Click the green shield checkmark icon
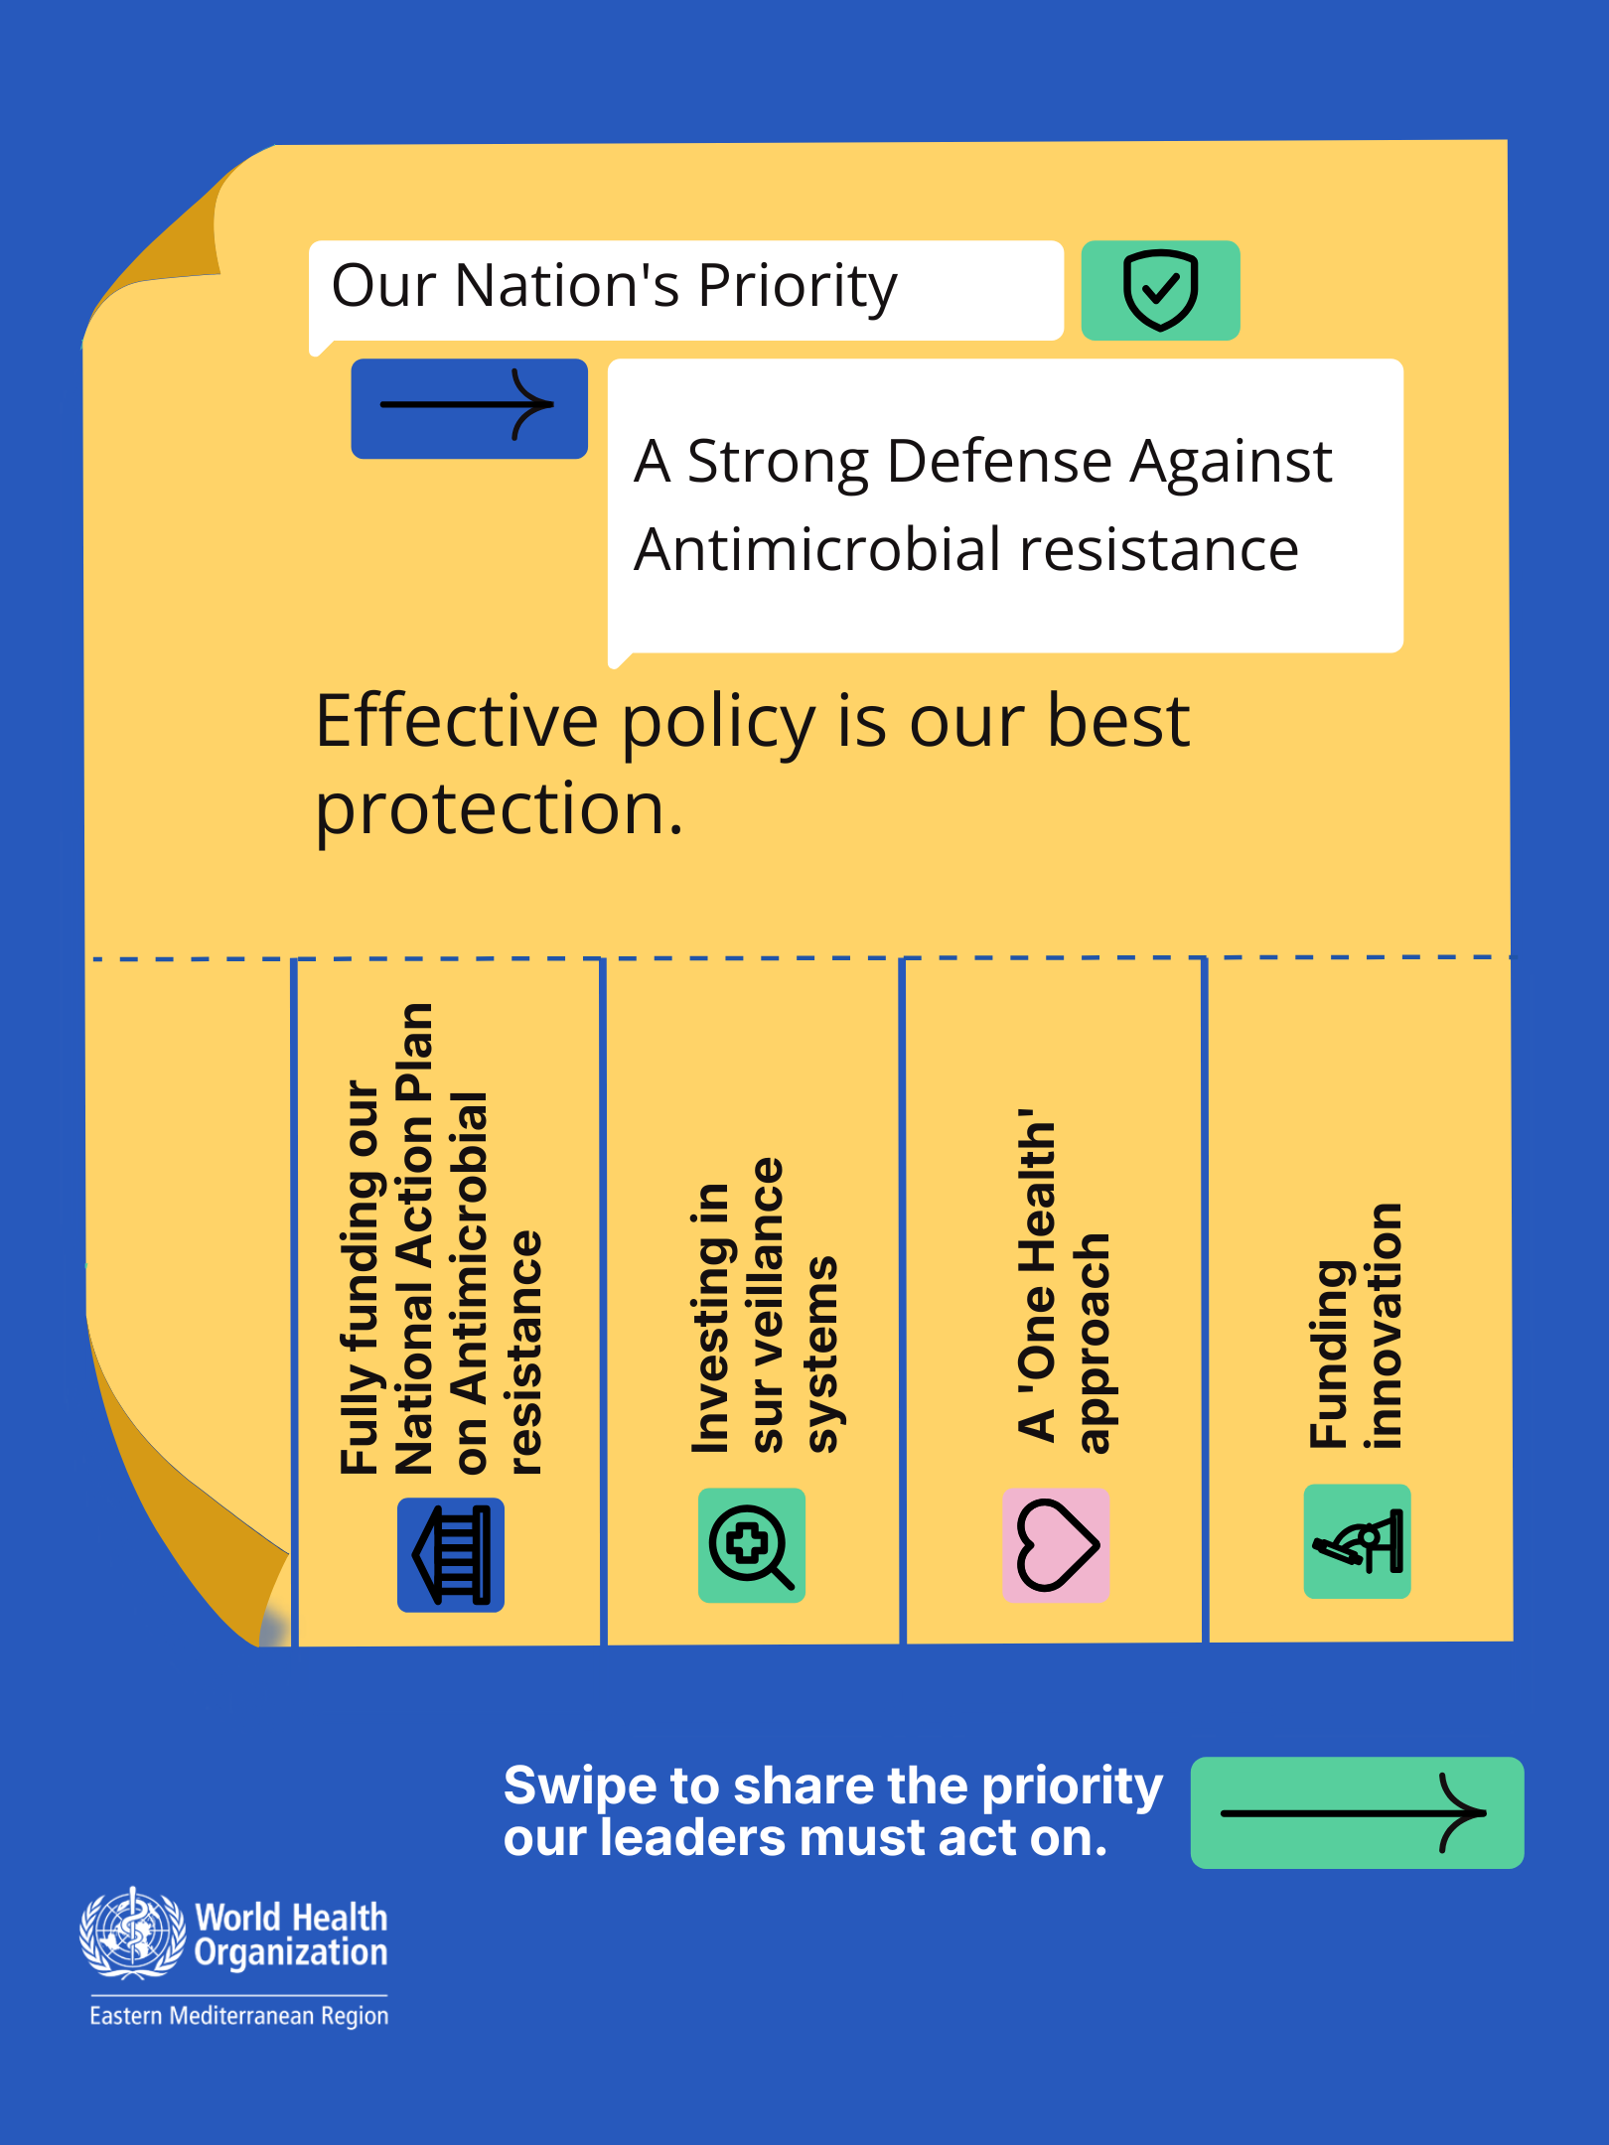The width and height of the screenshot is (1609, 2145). pos(1160,290)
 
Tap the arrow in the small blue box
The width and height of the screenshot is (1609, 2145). pos(467,404)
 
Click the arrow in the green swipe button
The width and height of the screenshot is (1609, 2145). pos(1354,1813)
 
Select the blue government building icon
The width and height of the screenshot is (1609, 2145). pos(451,1554)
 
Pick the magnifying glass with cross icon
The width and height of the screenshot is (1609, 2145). pos(751,1545)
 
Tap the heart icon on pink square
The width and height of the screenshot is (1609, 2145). pos(1056,1545)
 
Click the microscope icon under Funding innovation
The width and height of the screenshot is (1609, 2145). pos(1357,1541)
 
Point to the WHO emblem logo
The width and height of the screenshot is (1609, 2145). pos(132,1932)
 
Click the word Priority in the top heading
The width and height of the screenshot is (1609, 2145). pos(798,288)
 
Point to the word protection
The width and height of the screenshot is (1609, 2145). pos(500,809)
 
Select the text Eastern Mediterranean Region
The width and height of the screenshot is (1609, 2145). pos(239,2016)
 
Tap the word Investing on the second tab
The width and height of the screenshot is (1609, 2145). pos(712,1319)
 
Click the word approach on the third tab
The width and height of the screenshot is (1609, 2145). pos(1093,1344)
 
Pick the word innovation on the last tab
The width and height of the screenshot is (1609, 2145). pos(1384,1326)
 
